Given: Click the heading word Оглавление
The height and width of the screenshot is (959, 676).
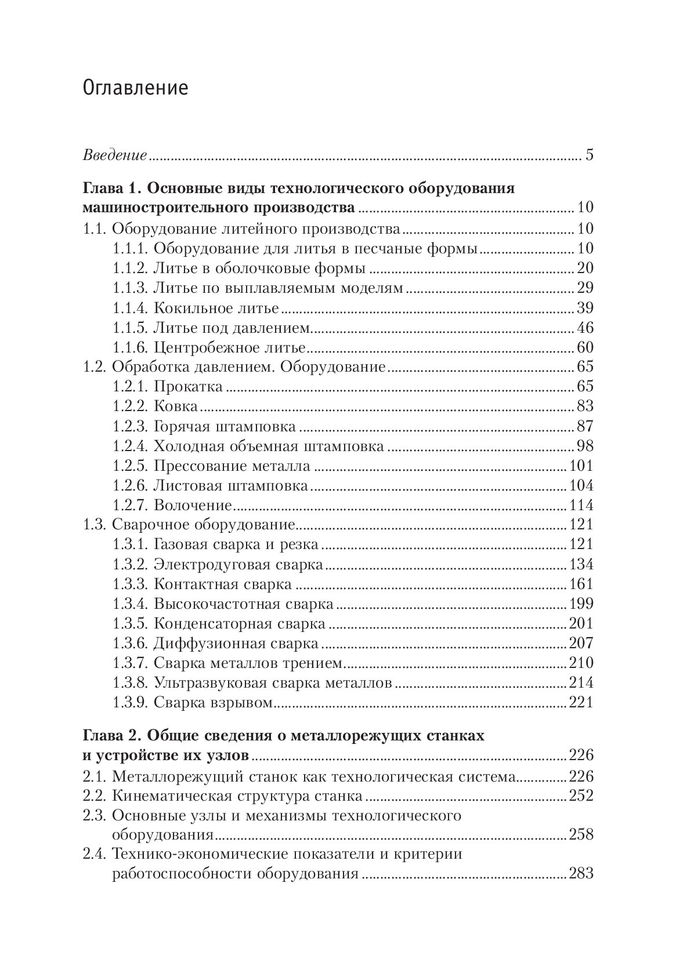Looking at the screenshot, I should point(136,88).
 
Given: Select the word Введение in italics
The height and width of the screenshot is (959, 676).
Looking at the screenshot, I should point(115,156).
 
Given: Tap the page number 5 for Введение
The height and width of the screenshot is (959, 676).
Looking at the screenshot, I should point(589,156).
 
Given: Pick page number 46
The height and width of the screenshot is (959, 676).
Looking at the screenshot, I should point(585,328).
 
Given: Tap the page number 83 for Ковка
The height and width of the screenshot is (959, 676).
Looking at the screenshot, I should point(585,406).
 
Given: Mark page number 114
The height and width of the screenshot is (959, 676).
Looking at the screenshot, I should point(581,506).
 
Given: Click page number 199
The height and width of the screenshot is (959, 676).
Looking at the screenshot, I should point(581,604).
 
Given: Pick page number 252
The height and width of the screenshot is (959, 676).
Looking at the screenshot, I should point(581,795).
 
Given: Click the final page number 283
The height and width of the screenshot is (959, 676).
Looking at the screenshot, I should point(581,874).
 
